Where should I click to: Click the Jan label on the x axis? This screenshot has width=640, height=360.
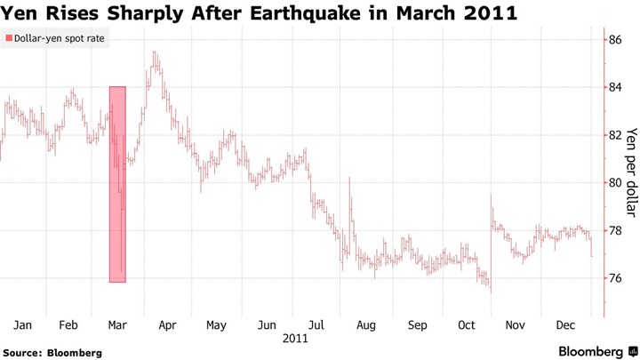click(x=23, y=325)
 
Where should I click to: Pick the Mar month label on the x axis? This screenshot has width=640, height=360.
click(x=117, y=325)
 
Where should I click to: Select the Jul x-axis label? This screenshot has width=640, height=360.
click(x=316, y=325)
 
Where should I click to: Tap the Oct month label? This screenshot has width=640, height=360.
click(x=467, y=325)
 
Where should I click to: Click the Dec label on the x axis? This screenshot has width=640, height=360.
click(x=565, y=325)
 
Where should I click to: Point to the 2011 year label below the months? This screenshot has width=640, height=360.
click(x=296, y=340)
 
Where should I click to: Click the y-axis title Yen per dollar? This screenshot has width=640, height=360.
click(x=631, y=172)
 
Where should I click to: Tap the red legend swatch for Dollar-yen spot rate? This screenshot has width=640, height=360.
click(x=9, y=39)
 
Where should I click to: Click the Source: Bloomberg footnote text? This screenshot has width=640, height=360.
click(x=52, y=353)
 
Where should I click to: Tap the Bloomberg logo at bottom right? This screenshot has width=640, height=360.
click(x=597, y=352)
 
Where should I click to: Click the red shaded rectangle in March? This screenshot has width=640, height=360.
click(x=117, y=184)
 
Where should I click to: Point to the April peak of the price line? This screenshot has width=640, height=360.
click(x=155, y=52)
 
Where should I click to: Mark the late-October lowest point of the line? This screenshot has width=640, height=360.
click(x=490, y=292)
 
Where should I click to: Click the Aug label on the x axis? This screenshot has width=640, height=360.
click(x=365, y=325)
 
